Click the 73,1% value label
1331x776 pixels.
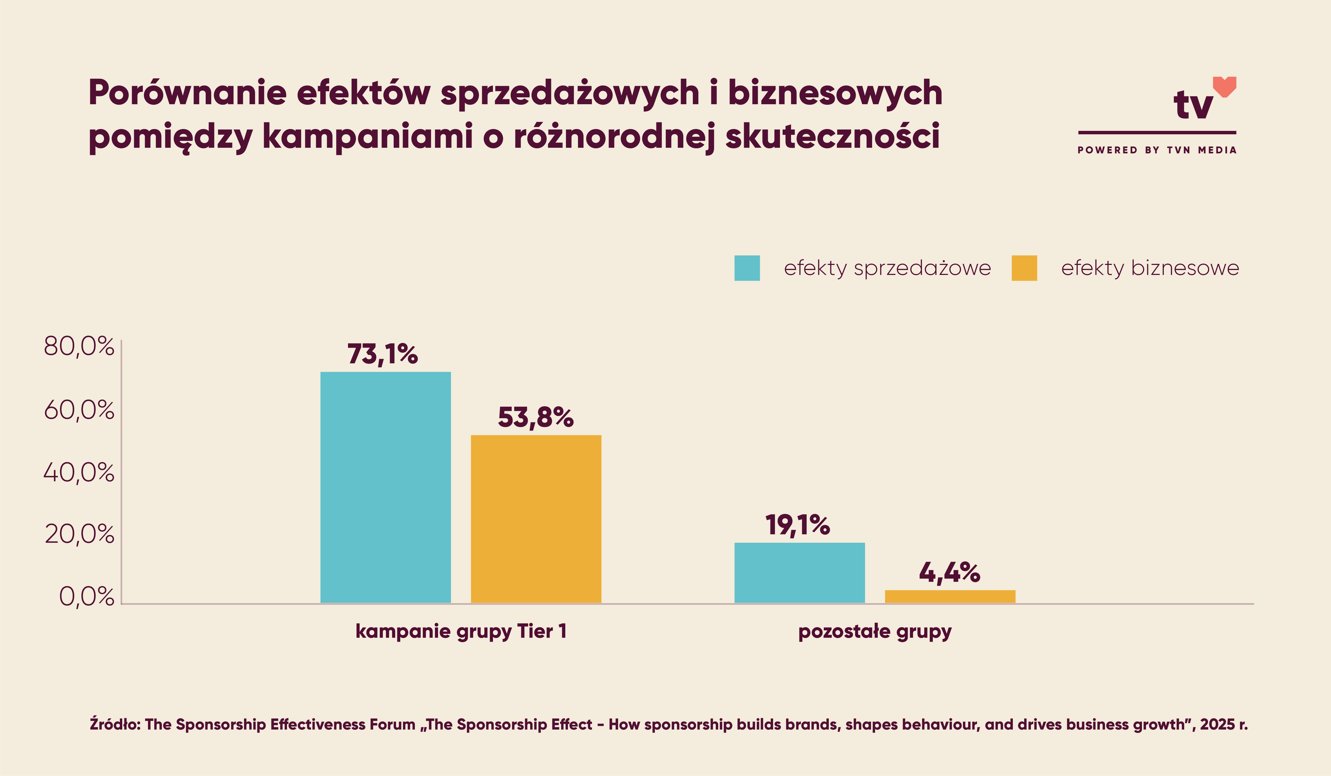pyautogui.click(x=382, y=354)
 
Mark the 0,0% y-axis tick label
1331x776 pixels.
pyautogui.click(x=86, y=597)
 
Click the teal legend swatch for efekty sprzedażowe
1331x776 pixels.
pyautogui.click(x=747, y=268)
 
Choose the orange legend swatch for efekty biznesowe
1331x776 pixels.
pyautogui.click(x=1024, y=268)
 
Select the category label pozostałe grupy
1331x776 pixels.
pyautogui.click(x=875, y=631)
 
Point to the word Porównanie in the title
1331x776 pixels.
pyautogui.click(x=187, y=93)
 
